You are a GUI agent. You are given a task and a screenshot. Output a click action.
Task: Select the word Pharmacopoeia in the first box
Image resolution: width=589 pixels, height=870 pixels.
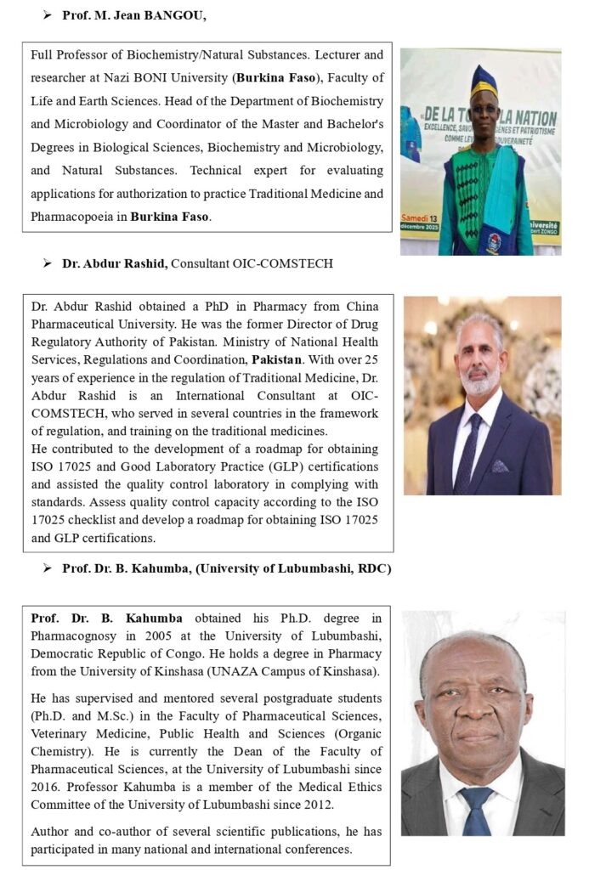77,217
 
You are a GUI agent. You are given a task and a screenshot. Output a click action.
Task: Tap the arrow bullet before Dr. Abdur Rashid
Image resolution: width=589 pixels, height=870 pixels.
48,264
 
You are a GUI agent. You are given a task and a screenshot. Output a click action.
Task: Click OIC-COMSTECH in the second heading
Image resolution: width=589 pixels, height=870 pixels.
288,264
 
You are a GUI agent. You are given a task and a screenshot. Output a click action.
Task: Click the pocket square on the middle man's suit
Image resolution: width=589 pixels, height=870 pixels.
522,466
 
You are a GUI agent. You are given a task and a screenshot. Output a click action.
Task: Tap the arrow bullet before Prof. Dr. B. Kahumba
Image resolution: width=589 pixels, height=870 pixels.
48,568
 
